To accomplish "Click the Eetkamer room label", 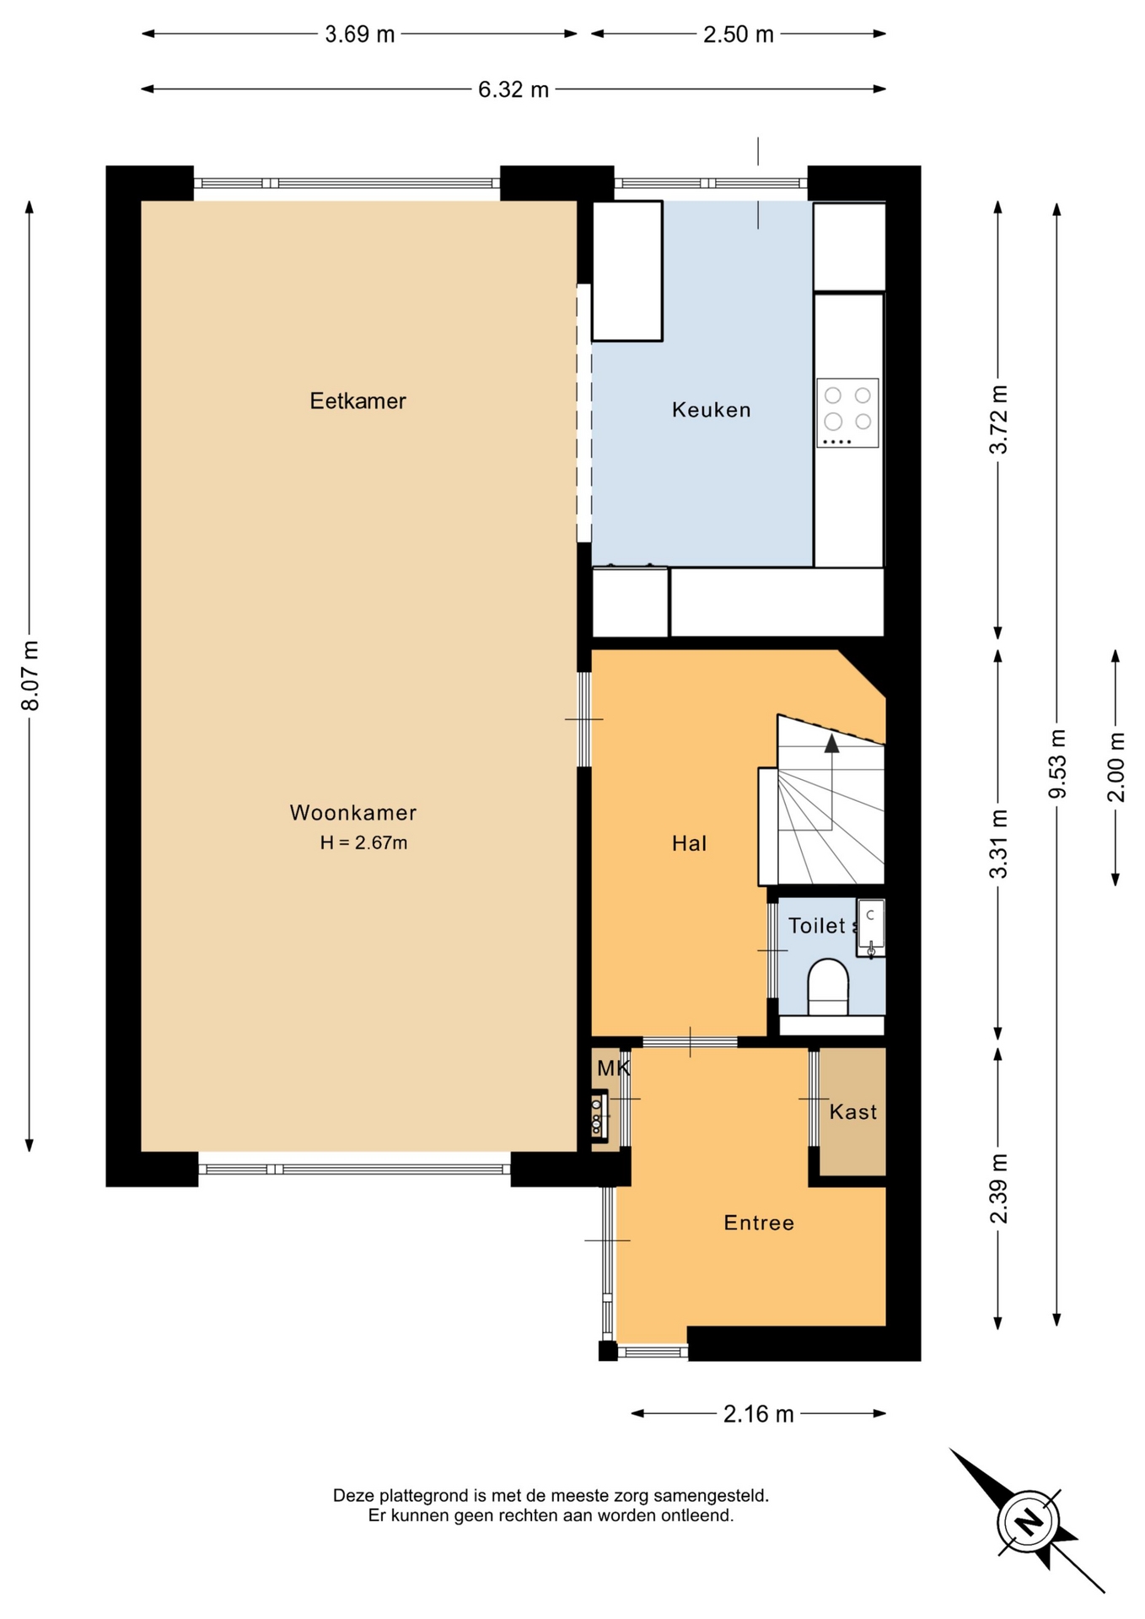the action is tap(357, 401).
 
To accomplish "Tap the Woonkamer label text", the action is tap(353, 813).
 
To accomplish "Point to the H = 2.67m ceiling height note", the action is tap(363, 842).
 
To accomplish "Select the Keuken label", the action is tap(711, 410).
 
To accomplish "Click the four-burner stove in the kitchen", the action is tap(847, 412).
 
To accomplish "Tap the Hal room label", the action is tap(689, 843).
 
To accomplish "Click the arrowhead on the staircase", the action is tap(831, 742).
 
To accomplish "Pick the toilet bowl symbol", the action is tap(828, 987).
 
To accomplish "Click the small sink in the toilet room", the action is tap(871, 928).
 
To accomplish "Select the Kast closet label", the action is tap(853, 1112).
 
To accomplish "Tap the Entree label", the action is tap(759, 1223).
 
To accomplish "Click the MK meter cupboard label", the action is tap(613, 1068).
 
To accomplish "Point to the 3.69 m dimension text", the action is tap(360, 35).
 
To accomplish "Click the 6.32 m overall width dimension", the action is tap(513, 89).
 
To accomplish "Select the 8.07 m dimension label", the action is tap(30, 675).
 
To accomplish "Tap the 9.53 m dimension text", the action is tap(1057, 764).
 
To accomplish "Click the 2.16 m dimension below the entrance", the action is tap(759, 1414).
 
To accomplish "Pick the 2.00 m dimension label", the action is tap(1115, 767).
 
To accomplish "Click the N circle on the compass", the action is tap(1028, 1522).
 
